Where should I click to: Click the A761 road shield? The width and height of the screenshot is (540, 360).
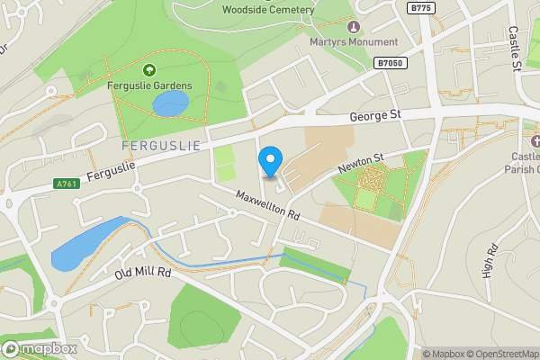66,183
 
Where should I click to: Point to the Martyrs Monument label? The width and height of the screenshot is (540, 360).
352,42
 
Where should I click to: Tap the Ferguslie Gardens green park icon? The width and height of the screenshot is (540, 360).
149,70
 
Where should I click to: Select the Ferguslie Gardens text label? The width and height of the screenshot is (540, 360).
149,85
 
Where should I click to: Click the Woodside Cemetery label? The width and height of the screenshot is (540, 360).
268,10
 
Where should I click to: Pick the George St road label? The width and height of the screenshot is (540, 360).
375,116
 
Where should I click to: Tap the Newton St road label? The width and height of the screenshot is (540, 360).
361,162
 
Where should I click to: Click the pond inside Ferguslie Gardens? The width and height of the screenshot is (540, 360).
171,104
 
